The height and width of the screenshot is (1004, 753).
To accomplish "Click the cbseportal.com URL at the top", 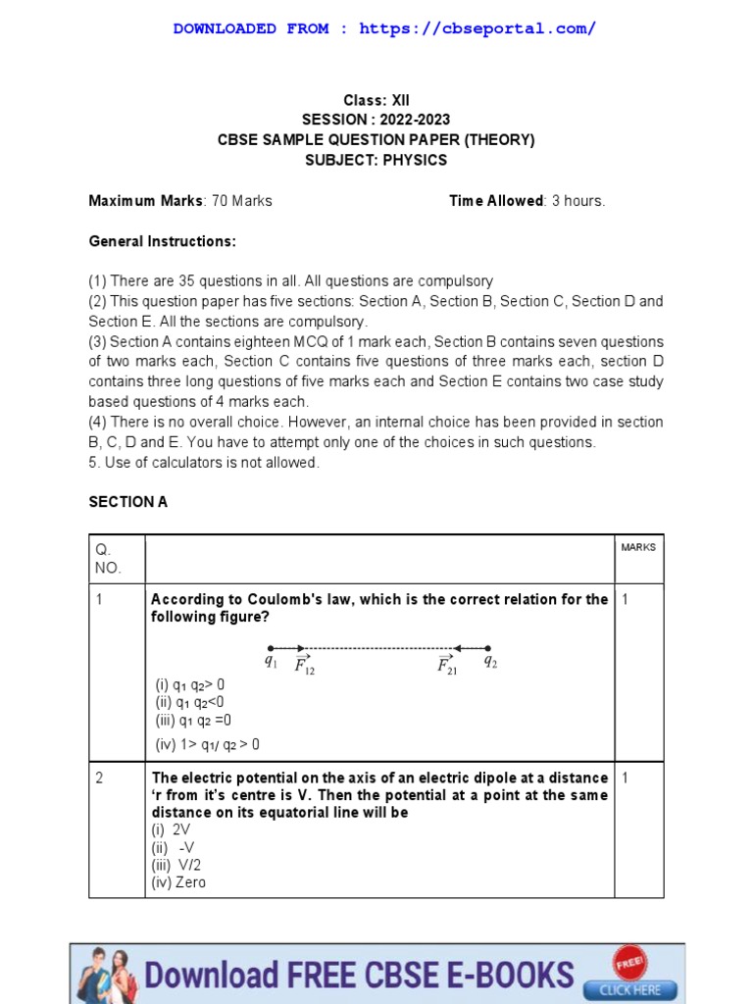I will (x=477, y=28).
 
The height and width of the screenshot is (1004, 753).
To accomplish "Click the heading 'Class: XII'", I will (x=376, y=100).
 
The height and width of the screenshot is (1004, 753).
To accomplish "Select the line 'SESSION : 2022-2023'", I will (x=376, y=120).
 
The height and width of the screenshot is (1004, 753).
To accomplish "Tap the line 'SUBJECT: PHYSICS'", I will (x=376, y=160).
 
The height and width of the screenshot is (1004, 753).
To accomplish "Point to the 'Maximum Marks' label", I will (x=146, y=201).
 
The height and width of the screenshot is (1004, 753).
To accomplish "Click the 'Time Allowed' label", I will (x=496, y=201).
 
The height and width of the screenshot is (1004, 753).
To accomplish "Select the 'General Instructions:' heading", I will (x=162, y=241).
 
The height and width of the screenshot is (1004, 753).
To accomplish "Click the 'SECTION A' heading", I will (x=128, y=502).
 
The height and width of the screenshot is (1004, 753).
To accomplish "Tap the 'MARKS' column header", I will (x=638, y=547).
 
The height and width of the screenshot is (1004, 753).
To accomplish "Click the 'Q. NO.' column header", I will (x=107, y=558).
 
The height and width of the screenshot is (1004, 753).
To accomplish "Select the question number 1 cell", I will (x=100, y=599).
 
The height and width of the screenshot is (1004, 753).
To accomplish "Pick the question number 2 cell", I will (x=100, y=778).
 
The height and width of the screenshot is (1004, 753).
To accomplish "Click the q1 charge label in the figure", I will (x=271, y=662).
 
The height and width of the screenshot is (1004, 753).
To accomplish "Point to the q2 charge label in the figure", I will (x=490, y=662).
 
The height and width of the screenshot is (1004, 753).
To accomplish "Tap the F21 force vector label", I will (x=447, y=667).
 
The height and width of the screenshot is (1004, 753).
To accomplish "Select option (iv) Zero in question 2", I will (x=178, y=882).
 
